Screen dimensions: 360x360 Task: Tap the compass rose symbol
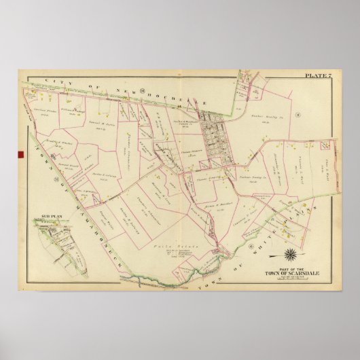click(291, 257)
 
